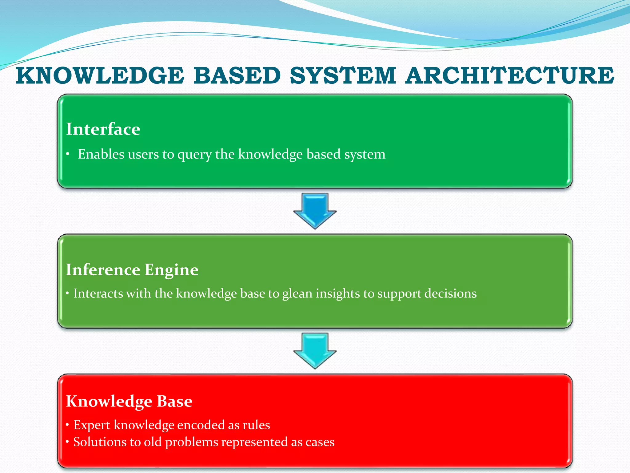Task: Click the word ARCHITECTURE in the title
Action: (509, 75)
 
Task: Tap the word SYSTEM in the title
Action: (343, 75)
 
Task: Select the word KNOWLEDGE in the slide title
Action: (100, 75)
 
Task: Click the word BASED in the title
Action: (237, 75)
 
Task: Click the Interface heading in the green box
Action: (103, 129)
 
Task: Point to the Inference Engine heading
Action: (132, 270)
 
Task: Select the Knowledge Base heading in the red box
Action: (129, 401)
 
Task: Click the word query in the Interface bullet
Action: (194, 155)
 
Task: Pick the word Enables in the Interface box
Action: (101, 154)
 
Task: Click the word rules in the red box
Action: (256, 425)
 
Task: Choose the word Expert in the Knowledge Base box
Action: (92, 425)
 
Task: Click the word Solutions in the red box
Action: (100, 442)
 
